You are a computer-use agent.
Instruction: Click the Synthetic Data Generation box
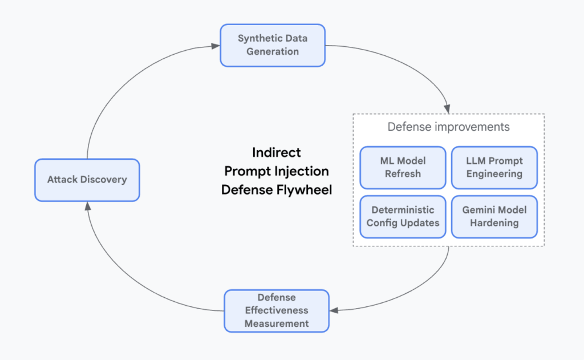(x=273, y=45)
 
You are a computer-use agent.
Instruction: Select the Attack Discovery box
(x=87, y=180)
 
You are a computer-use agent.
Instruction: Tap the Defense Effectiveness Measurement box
(x=277, y=311)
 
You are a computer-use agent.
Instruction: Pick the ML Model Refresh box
(x=403, y=168)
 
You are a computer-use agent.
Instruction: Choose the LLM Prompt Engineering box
(x=494, y=168)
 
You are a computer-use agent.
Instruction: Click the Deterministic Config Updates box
(x=403, y=216)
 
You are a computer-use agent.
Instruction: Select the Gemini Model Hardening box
(x=494, y=216)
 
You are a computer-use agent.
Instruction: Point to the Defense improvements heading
(x=448, y=127)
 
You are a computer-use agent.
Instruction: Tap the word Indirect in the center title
(x=277, y=152)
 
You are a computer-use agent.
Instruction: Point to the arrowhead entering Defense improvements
(x=447, y=108)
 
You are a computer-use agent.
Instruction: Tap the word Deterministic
(x=403, y=210)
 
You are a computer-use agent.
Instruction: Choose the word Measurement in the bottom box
(x=277, y=323)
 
